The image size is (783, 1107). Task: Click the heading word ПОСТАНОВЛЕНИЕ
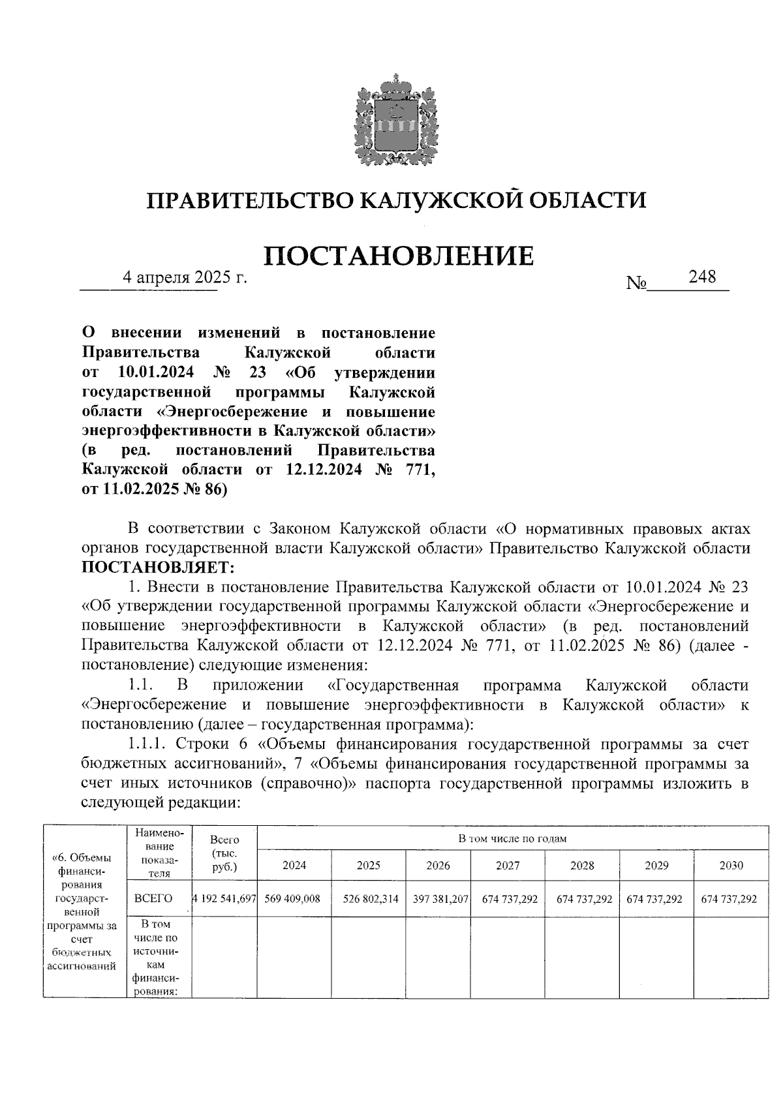399,256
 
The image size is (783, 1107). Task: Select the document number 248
702,277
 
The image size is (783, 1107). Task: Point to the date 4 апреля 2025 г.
187,277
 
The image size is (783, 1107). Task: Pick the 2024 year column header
294,866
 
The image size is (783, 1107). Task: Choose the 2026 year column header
438,866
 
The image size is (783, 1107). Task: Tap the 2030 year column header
731,866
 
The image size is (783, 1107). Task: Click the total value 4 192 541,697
224,899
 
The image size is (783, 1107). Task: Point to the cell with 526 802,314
370,899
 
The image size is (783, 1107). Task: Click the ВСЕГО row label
153,899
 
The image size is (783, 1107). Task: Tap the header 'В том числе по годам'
512,838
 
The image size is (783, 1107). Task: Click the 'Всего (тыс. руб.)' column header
224,853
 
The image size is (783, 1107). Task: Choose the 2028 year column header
582,866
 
